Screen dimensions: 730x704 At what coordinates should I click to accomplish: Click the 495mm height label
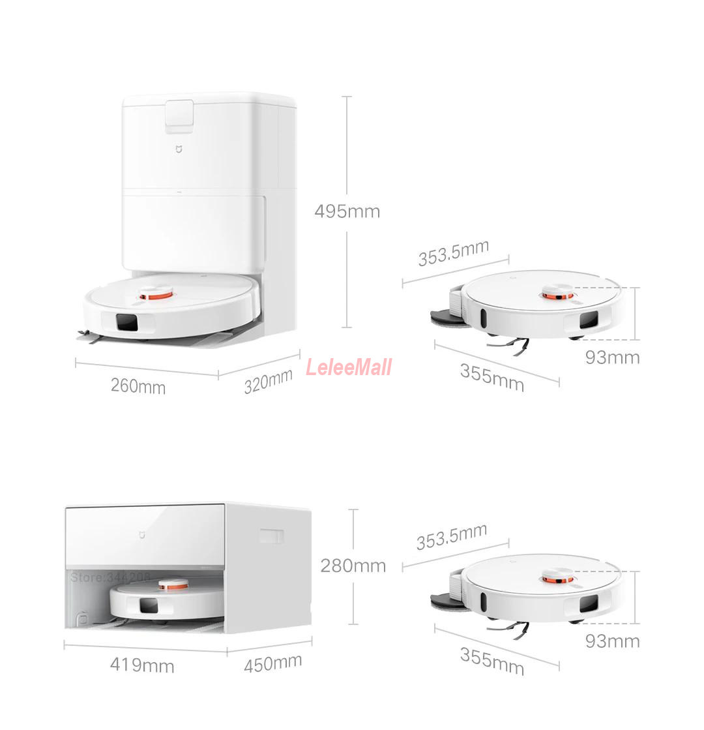pyautogui.click(x=347, y=211)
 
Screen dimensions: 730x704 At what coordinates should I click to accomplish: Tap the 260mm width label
pyautogui.click(x=138, y=386)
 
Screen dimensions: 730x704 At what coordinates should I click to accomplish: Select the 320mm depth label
pyautogui.click(x=268, y=381)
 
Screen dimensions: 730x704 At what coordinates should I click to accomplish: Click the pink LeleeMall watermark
pyautogui.click(x=349, y=367)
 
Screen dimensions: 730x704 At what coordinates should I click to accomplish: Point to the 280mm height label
pyautogui.click(x=353, y=565)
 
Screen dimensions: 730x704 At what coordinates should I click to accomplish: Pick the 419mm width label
pyautogui.click(x=141, y=665)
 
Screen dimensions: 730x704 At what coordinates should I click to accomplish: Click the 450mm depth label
pyautogui.click(x=272, y=663)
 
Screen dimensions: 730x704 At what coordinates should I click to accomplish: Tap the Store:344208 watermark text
pyautogui.click(x=110, y=577)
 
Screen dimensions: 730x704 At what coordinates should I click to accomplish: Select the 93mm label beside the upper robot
pyautogui.click(x=612, y=357)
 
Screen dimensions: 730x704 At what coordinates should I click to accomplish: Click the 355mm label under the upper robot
pyautogui.click(x=491, y=378)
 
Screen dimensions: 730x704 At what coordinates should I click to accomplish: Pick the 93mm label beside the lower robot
pyautogui.click(x=612, y=641)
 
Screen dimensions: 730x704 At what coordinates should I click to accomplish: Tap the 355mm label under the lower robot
pyautogui.click(x=491, y=661)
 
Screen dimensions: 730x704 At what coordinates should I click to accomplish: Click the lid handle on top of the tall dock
pyautogui.click(x=179, y=114)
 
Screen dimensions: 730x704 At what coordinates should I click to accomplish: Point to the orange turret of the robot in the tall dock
pyautogui.click(x=157, y=296)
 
